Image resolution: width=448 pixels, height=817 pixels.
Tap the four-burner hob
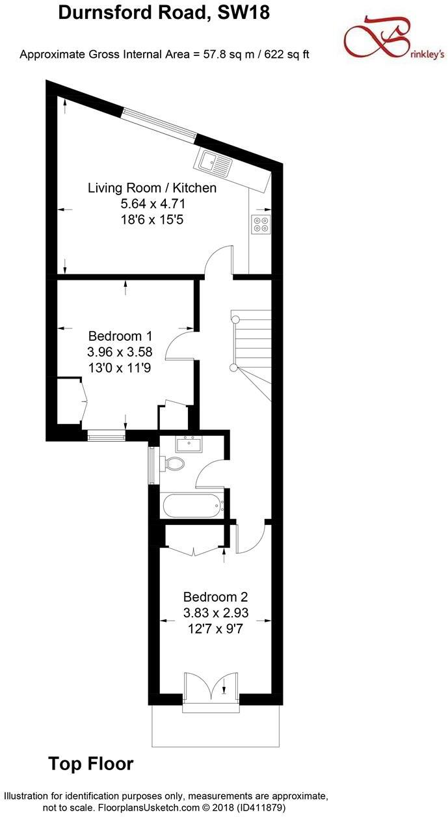point(261,224)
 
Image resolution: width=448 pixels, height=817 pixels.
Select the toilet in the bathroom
point(174,463)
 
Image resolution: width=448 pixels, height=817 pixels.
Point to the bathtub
point(192,505)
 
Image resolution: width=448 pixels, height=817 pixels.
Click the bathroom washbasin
point(189,445)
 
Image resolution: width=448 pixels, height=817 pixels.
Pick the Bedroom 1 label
point(120,336)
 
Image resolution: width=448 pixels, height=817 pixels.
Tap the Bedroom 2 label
point(215,596)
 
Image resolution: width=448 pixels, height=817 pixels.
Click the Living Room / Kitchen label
point(152,188)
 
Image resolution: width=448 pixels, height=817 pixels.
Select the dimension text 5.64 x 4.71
point(152,204)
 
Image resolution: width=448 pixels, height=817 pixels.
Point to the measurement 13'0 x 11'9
point(120,368)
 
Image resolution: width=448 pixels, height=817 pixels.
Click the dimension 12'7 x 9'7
point(215,628)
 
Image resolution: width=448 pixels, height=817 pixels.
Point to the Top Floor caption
point(91,764)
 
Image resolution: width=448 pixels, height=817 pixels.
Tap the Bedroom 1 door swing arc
point(178,343)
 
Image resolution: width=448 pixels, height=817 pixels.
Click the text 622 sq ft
point(282,54)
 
